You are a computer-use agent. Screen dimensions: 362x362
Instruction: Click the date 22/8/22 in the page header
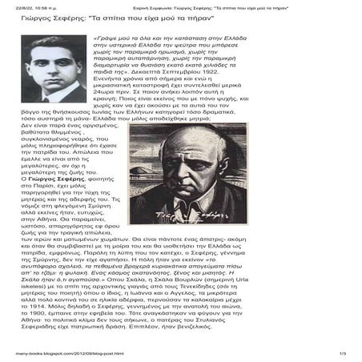coord(23,8)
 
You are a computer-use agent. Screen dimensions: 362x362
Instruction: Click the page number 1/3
coord(343,354)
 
